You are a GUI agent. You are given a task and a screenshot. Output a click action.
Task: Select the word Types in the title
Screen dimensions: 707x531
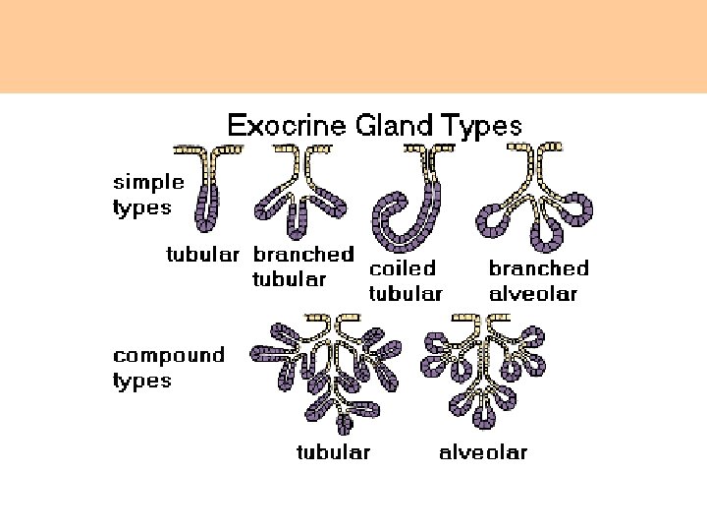[478, 126]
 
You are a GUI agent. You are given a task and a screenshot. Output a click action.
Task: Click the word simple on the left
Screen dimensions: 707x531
[148, 182]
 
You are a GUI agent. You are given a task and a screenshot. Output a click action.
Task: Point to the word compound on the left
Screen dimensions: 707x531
[169, 356]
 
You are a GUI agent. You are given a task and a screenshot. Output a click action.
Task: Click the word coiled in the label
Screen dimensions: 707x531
[401, 267]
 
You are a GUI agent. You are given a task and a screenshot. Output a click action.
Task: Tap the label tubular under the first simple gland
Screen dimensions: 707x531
[202, 255]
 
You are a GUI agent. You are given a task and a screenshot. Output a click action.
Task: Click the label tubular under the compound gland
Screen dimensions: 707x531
[334, 452]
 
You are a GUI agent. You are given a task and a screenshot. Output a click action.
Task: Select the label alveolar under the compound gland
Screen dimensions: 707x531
[483, 452]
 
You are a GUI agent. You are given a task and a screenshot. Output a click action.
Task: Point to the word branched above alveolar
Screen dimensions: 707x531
[538, 267]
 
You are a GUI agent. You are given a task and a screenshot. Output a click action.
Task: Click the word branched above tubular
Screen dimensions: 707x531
[303, 254]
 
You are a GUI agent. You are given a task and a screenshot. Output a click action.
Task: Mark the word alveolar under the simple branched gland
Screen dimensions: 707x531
[533, 293]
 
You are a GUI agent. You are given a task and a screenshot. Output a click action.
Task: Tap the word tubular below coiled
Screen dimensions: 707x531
[406, 293]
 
